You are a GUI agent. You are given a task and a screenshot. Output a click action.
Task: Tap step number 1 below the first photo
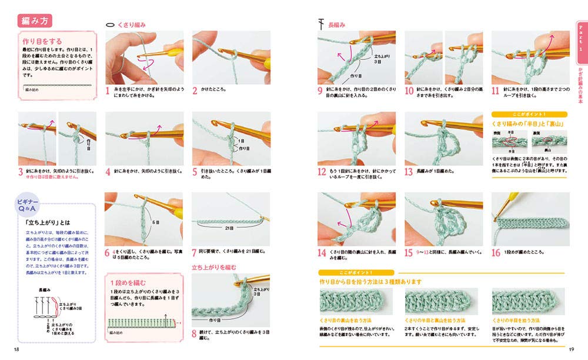[x=108, y=91]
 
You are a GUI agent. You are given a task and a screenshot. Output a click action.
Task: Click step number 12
[x=321, y=172]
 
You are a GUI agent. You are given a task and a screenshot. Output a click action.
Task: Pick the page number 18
[x=17, y=350]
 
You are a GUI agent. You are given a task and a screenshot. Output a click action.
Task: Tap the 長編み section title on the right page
[x=338, y=25]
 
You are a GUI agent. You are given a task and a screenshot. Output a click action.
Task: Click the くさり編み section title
[x=132, y=25]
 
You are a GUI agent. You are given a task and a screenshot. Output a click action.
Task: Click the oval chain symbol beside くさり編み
[x=110, y=25]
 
